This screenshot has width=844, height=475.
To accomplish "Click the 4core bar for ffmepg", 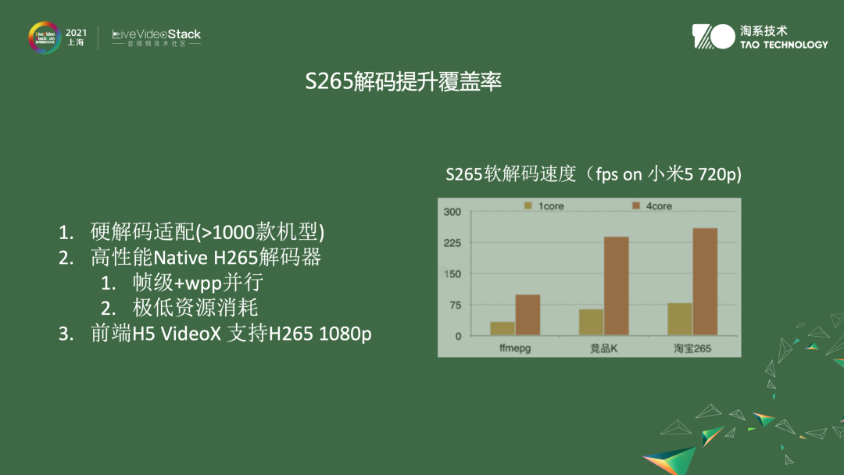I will [527, 315].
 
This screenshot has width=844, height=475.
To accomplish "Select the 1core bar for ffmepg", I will [502, 328].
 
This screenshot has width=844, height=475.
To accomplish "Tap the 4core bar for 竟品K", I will [616, 286].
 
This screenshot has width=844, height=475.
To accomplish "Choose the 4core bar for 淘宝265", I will [704, 282].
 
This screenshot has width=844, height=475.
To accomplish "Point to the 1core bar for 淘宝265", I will [680, 319].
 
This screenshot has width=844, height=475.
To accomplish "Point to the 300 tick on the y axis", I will [452, 212].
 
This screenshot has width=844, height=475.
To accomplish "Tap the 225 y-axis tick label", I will [452, 243].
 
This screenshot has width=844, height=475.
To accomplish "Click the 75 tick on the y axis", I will [454, 305].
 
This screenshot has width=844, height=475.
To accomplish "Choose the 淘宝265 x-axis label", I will [692, 348].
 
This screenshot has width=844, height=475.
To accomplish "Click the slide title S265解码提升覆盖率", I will [403, 83].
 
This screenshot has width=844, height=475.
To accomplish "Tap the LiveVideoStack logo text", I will [156, 34].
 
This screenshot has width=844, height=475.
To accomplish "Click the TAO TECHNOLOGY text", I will [783, 45].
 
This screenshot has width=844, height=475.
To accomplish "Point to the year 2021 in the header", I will [76, 32].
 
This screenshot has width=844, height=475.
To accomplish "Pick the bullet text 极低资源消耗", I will [195, 307].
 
